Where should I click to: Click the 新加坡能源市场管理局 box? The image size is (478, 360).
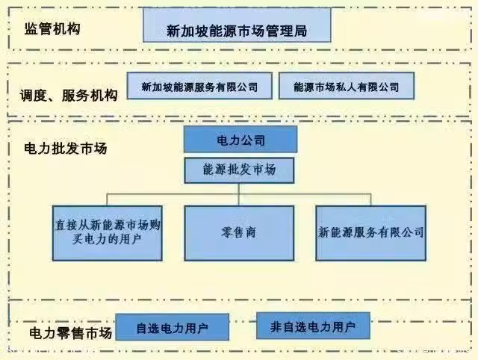click(x=237, y=25)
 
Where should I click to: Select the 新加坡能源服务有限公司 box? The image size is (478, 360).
click(x=199, y=86)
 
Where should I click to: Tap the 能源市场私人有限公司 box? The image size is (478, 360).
click(x=347, y=86)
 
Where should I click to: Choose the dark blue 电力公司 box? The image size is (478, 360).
click(x=240, y=140)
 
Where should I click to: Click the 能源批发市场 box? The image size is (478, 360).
click(x=239, y=170)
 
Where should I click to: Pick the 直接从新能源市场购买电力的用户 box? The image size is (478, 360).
click(x=108, y=233)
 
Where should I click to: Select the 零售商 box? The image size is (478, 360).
click(x=239, y=233)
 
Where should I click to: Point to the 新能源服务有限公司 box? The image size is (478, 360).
click(x=371, y=233)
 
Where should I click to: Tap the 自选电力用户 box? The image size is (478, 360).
click(x=173, y=327)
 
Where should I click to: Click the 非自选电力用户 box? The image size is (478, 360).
click(x=314, y=326)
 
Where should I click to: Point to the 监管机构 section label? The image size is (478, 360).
click(x=52, y=29)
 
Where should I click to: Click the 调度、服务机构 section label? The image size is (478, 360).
click(x=69, y=95)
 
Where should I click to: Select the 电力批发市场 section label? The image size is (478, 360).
click(x=66, y=149)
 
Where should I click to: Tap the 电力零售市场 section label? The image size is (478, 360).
click(x=71, y=333)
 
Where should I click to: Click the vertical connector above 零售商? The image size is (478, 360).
click(x=239, y=194)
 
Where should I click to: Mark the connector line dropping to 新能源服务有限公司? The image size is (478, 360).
click(x=370, y=199)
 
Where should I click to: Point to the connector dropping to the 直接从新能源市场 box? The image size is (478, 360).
click(x=107, y=199)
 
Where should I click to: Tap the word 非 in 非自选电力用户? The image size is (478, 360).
click(x=276, y=327)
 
